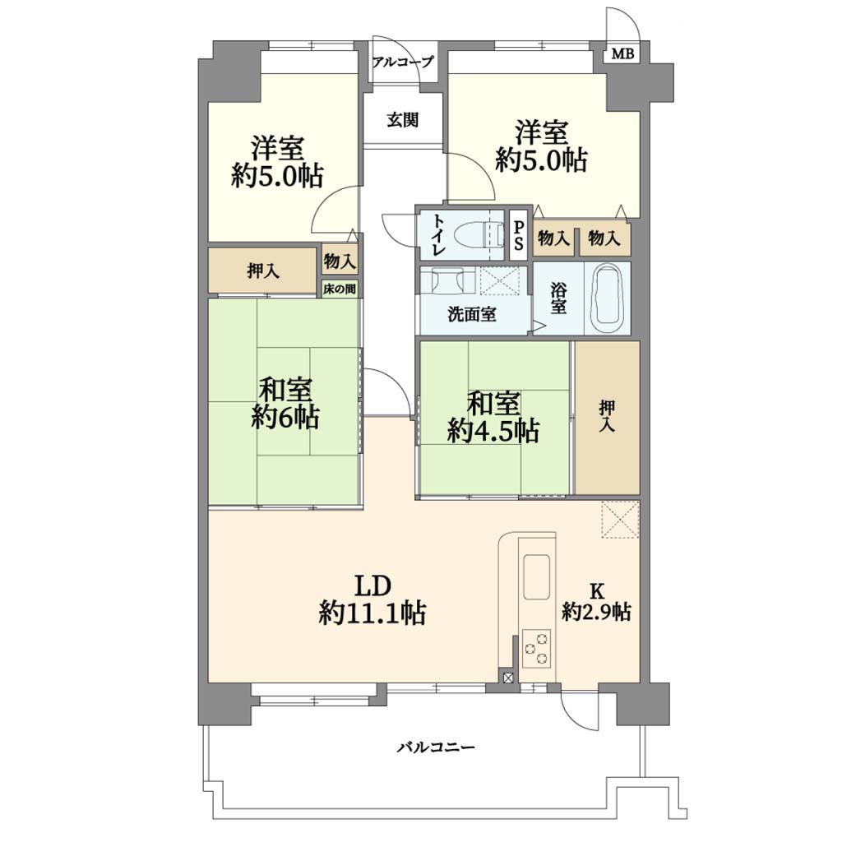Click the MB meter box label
click(x=623, y=53)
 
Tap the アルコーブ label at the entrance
click(x=402, y=62)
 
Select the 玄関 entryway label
click(x=403, y=120)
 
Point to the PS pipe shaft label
click(x=518, y=235)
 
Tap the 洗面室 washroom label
click(x=472, y=314)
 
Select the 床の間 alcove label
click(x=340, y=289)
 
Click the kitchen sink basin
click(x=536, y=576)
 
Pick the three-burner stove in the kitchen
click(x=536, y=648)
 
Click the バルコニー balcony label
click(x=436, y=747)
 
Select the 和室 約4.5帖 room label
click(x=493, y=418)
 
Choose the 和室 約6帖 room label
click(x=285, y=404)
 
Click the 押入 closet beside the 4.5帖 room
click(x=608, y=417)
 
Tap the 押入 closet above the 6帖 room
click(x=262, y=271)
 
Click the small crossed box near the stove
click(x=507, y=678)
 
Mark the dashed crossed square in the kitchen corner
click(x=620, y=518)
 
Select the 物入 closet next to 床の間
click(x=340, y=261)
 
